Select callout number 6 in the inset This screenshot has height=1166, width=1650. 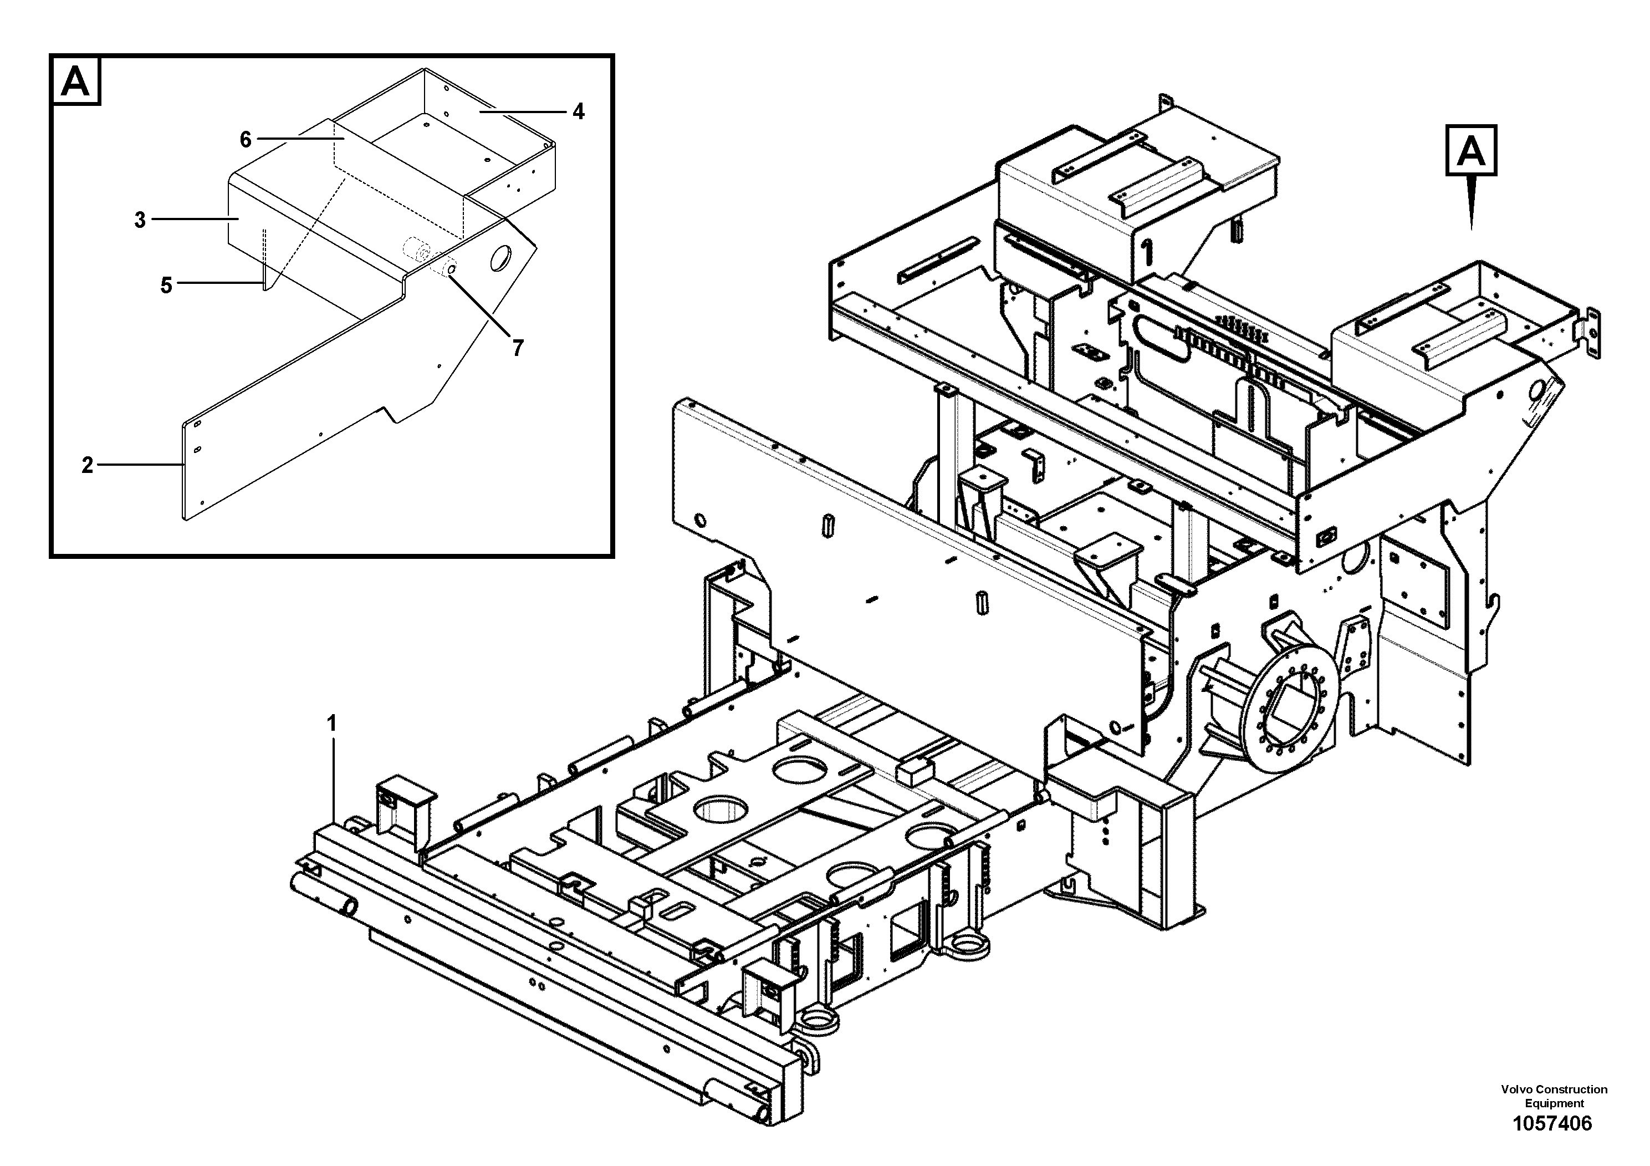(x=246, y=140)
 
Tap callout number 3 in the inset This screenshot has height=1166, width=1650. (x=140, y=220)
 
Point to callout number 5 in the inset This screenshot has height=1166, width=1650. (x=166, y=286)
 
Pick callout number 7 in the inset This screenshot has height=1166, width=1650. (x=518, y=348)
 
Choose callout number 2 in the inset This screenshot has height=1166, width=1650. (x=87, y=466)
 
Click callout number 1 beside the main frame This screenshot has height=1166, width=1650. (x=331, y=724)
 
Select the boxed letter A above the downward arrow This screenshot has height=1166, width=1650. (x=1471, y=150)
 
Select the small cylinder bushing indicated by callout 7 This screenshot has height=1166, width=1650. (x=417, y=252)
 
